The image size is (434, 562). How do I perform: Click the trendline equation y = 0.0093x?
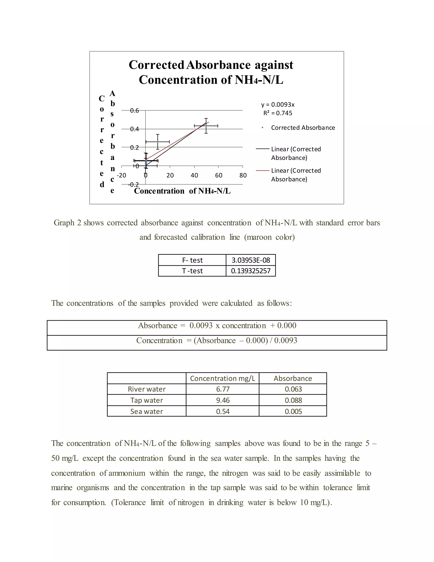(278, 105)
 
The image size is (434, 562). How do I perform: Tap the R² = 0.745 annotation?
(278, 113)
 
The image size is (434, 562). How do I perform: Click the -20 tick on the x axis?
(121, 175)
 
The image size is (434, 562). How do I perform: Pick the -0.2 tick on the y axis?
(134, 185)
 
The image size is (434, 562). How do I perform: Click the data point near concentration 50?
(206, 126)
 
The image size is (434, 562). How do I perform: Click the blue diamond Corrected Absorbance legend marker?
(262, 128)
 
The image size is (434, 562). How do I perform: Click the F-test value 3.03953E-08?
(251, 260)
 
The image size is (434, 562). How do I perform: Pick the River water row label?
(147, 389)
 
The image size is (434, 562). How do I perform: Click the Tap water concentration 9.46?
(223, 400)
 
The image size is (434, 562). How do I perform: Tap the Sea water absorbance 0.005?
(293, 411)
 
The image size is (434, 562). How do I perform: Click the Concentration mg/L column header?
(223, 378)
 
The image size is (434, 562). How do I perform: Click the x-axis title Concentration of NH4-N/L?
(182, 191)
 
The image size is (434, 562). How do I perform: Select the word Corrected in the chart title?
(156, 65)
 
